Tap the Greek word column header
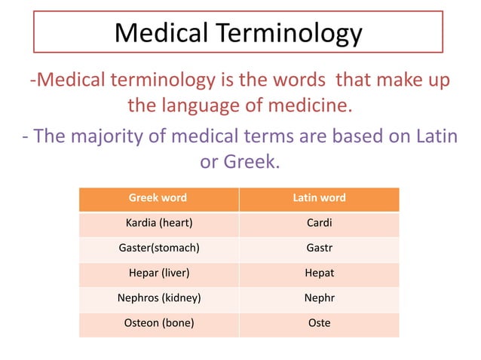[x=158, y=198]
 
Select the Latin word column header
[x=319, y=198]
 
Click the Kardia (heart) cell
[x=158, y=224]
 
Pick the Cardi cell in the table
[x=319, y=224]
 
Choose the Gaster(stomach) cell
[x=158, y=249]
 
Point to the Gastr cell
[x=319, y=249]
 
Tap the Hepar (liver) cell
[x=158, y=273]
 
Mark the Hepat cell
[x=319, y=273]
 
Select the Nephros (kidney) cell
[x=158, y=298]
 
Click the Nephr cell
[x=319, y=298]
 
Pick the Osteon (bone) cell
[x=158, y=323]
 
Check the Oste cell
[x=319, y=323]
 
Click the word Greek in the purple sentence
[x=253, y=161]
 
